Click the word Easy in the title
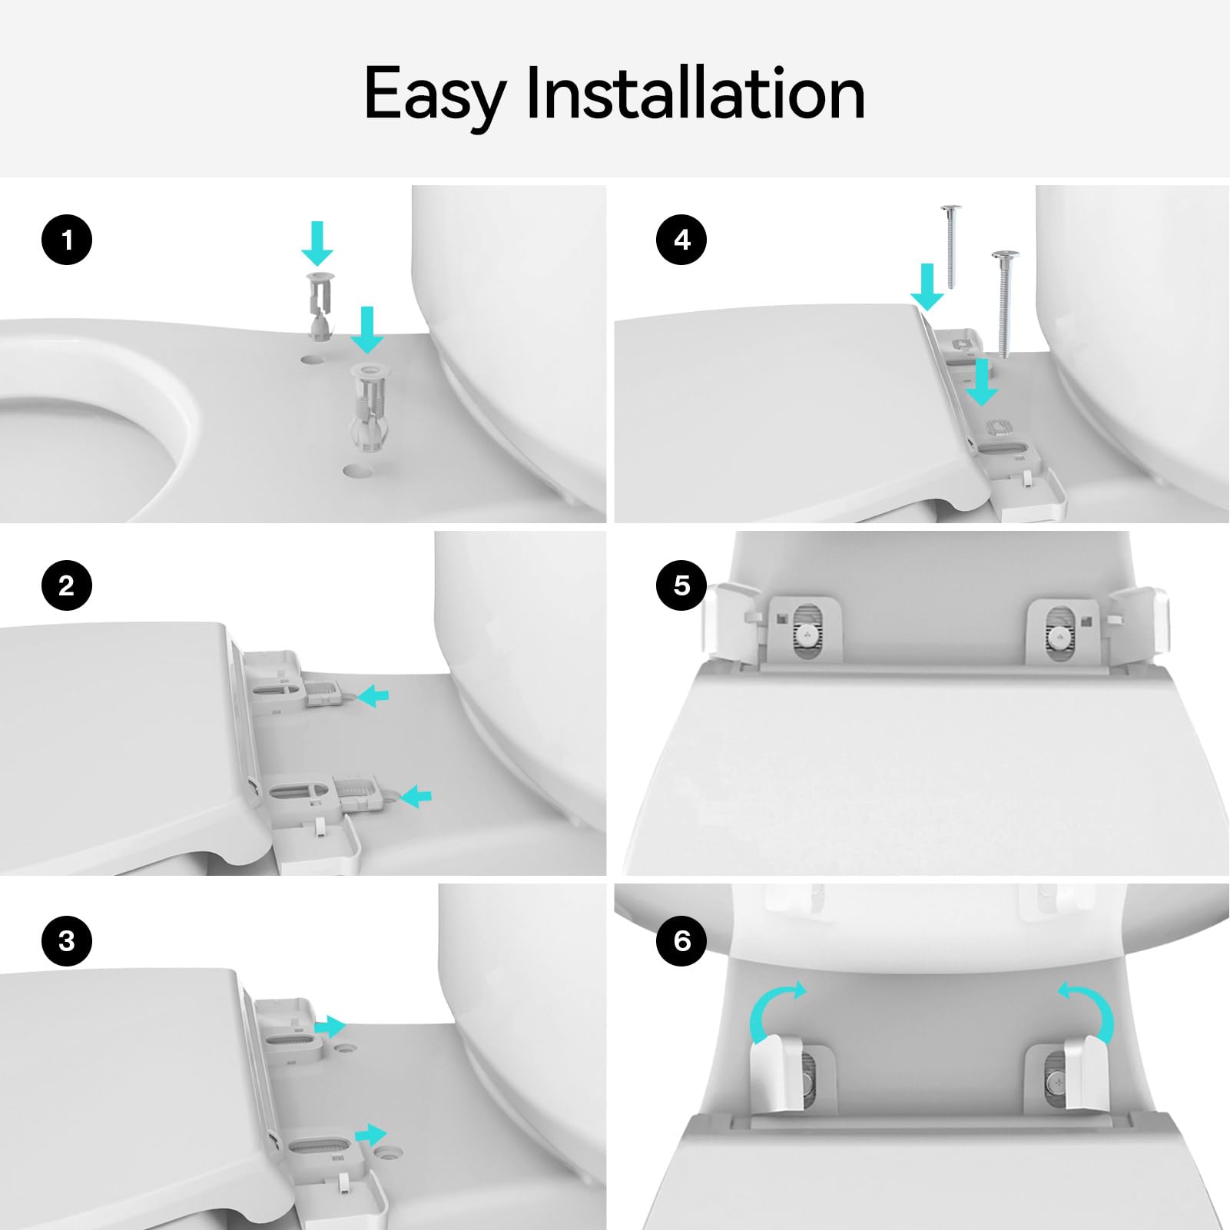434,96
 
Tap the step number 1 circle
67,240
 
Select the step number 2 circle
67,585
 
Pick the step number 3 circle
67,940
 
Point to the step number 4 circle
681,240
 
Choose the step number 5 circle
681,585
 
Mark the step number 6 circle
681,940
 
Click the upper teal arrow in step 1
317,243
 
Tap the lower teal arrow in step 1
367,330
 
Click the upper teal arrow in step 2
374,697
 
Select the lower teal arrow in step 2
416,796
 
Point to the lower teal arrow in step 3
371,1134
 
